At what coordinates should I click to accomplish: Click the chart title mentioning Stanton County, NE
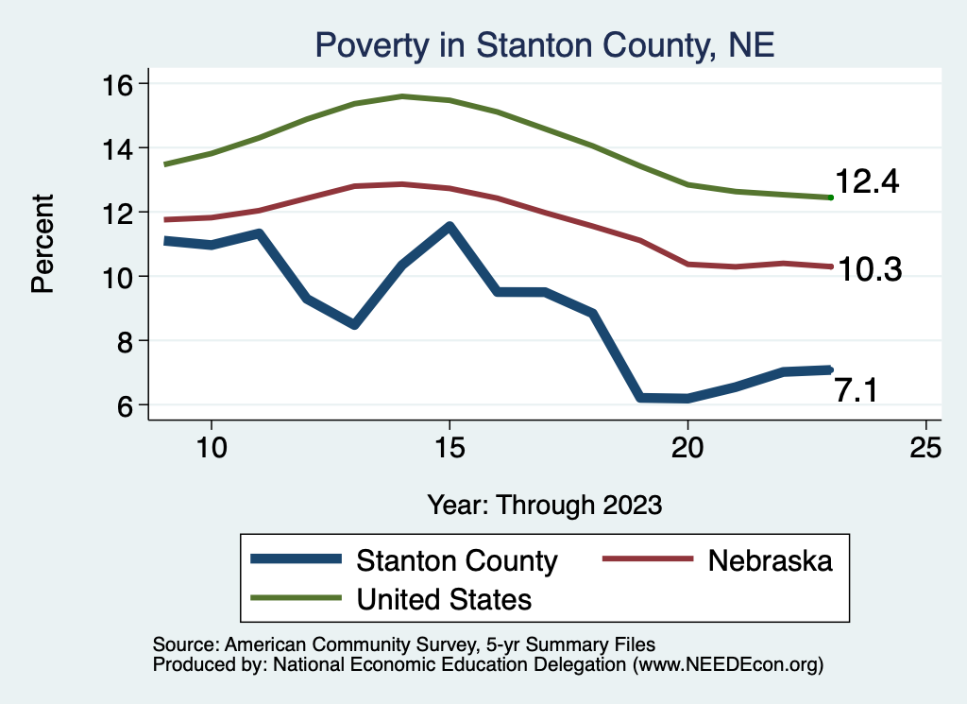coord(545,45)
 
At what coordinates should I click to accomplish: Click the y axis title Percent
coord(42,244)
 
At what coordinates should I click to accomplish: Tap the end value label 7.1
coord(856,389)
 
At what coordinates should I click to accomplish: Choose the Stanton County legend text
coord(456,560)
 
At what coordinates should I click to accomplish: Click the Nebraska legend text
coord(770,560)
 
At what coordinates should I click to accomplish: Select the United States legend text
coord(444,599)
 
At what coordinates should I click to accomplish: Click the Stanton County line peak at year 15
coord(450,227)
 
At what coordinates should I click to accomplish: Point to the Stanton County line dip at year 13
coord(353,324)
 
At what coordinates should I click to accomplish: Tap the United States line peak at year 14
coord(402,96)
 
